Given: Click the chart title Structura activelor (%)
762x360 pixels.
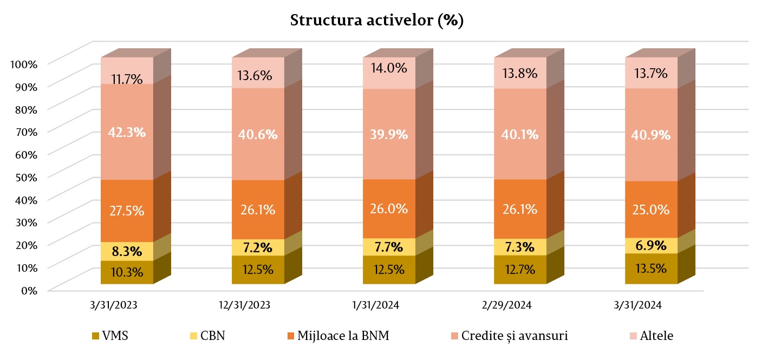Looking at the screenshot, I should [x=377, y=21].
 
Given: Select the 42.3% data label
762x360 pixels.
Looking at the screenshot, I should [x=127, y=132].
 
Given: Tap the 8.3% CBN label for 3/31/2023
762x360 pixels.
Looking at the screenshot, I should [x=127, y=251].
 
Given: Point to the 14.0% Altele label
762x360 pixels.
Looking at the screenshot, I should [x=389, y=68].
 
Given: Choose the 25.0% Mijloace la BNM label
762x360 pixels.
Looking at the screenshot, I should [x=651, y=210].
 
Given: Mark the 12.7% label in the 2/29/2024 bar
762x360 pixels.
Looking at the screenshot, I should [x=520, y=269].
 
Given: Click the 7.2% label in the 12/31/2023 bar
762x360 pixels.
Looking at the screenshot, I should [x=258, y=247].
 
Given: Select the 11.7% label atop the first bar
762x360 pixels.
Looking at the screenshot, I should [x=127, y=79].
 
